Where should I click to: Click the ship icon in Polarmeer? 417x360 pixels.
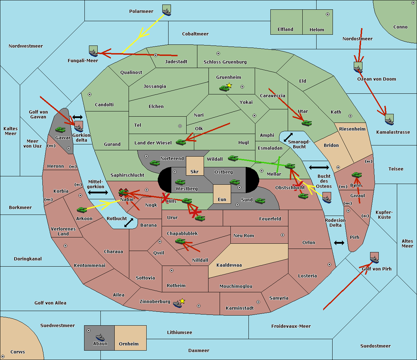(167, 11)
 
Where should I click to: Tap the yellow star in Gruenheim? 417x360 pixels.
(229, 85)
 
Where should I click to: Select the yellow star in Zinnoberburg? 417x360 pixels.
(182, 301)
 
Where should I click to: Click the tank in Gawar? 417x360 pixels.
(60, 129)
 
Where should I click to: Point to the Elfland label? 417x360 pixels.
(285, 30)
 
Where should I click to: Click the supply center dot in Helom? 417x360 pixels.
(327, 14)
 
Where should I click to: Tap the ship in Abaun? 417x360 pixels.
(100, 337)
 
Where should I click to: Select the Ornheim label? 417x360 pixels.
(129, 344)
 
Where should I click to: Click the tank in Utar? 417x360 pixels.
(306, 123)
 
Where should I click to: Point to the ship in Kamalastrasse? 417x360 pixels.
(389, 120)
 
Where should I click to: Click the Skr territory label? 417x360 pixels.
(195, 171)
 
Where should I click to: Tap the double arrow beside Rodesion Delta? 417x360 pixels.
(339, 243)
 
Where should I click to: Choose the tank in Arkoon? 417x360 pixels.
(82, 210)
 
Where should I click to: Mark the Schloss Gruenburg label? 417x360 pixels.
(225, 62)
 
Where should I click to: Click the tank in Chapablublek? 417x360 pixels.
(180, 241)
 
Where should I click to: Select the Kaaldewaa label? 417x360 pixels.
(229, 265)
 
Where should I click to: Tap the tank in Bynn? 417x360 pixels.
(357, 175)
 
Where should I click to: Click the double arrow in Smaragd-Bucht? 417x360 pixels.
(288, 137)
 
